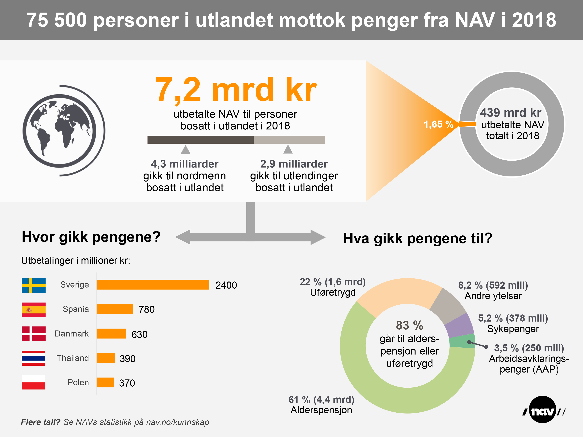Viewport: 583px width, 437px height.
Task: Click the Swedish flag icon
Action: pos(34,285)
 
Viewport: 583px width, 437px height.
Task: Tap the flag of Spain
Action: pos(34,310)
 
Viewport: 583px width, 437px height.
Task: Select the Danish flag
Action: pos(34,334)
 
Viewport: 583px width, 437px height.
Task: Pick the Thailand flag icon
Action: pos(34,358)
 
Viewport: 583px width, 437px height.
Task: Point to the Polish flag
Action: pos(34,382)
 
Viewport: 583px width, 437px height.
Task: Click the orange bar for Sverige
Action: pos(153,285)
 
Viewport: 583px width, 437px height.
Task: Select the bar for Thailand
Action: pos(105,358)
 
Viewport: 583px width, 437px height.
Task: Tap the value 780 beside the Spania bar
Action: pos(146,310)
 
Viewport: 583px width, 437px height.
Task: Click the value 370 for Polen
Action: pos(127,383)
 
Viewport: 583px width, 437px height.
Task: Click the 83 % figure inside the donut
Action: pos(409,325)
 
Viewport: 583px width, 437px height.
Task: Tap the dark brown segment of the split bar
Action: pos(200,140)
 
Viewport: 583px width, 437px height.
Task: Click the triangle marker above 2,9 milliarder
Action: pos(288,149)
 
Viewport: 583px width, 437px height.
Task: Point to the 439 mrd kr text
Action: pos(510,113)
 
